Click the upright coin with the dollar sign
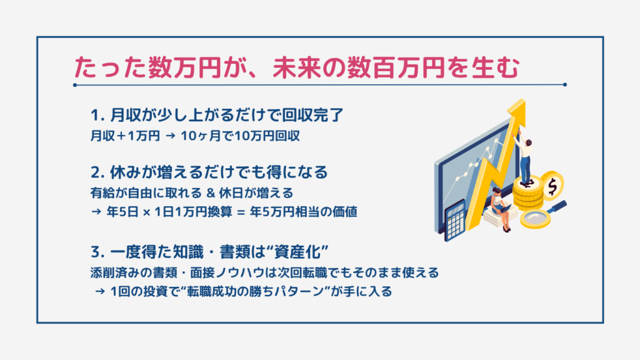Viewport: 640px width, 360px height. (x=552, y=186)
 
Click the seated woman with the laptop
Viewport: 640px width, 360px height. (x=501, y=208)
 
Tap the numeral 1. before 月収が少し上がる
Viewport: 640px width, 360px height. (x=97, y=116)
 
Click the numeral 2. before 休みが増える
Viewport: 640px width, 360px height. (x=98, y=172)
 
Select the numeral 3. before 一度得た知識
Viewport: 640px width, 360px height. (x=98, y=252)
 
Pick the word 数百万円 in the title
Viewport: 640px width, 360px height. (x=396, y=67)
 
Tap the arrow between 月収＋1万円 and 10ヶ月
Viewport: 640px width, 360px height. (x=171, y=136)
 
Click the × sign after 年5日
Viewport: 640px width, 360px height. (x=147, y=212)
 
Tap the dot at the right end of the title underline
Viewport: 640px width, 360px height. (x=565, y=84)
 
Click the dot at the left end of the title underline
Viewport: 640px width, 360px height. (x=75, y=85)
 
